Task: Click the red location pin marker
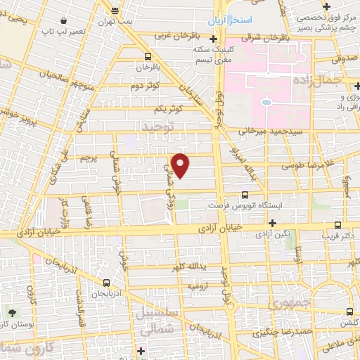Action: tap(181, 165)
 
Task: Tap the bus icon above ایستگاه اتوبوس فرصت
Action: tap(245, 195)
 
